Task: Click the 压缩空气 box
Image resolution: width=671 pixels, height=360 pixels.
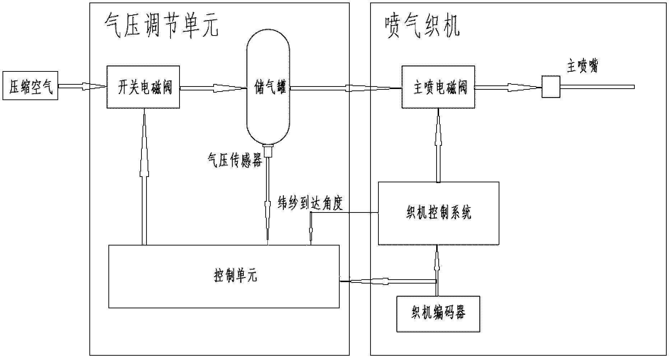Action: click(30, 85)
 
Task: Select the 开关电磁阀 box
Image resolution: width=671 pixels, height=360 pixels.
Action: click(143, 87)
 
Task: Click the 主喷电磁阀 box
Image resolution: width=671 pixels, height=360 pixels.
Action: click(438, 87)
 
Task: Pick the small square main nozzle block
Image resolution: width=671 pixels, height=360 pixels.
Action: click(550, 87)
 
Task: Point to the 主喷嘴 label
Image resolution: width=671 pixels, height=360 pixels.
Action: click(582, 67)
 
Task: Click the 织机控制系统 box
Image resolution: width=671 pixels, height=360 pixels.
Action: click(438, 213)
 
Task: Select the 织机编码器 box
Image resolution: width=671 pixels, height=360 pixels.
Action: click(438, 313)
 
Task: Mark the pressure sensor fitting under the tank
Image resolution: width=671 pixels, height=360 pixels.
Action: click(268, 151)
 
